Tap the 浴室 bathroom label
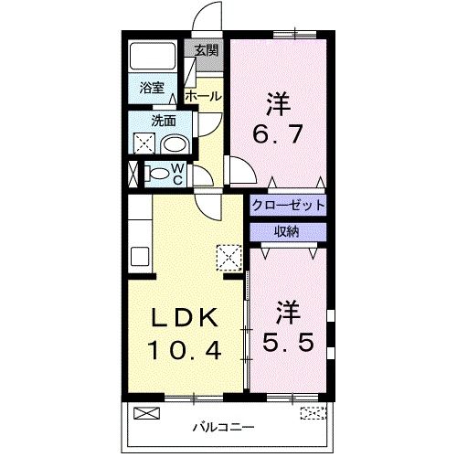click(x=153, y=89)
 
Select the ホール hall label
click(x=202, y=95)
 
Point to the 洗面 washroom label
click(x=164, y=120)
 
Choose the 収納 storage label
click(x=287, y=230)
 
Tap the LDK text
click(x=183, y=317)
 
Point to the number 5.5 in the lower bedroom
click(x=290, y=344)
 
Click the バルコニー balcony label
click(x=217, y=426)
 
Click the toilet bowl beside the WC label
click(x=157, y=172)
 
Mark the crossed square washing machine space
click(x=143, y=143)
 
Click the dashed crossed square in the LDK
click(x=226, y=257)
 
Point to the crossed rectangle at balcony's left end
click(x=146, y=411)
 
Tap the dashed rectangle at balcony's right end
click(x=312, y=411)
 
